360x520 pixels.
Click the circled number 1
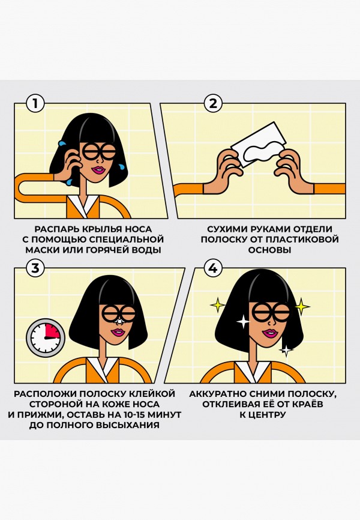click(36, 103)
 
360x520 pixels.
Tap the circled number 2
click(212, 103)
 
